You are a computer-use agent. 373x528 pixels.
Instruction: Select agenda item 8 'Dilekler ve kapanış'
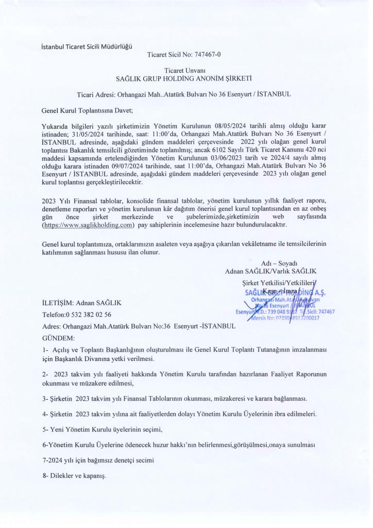coord(74,475)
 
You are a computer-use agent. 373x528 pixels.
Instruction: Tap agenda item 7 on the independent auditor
coord(98,459)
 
